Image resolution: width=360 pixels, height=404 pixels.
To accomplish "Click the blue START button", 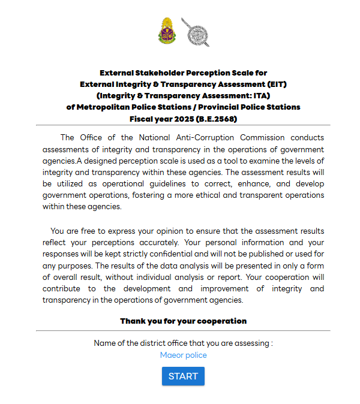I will click(183, 376).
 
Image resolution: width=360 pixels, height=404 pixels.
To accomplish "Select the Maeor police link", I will click(183, 355).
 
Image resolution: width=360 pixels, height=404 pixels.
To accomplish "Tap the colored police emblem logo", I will click(167, 32).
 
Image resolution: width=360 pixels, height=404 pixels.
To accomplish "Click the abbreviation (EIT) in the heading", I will click(275, 85).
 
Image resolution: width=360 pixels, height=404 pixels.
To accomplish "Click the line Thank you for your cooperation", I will click(183, 321).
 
